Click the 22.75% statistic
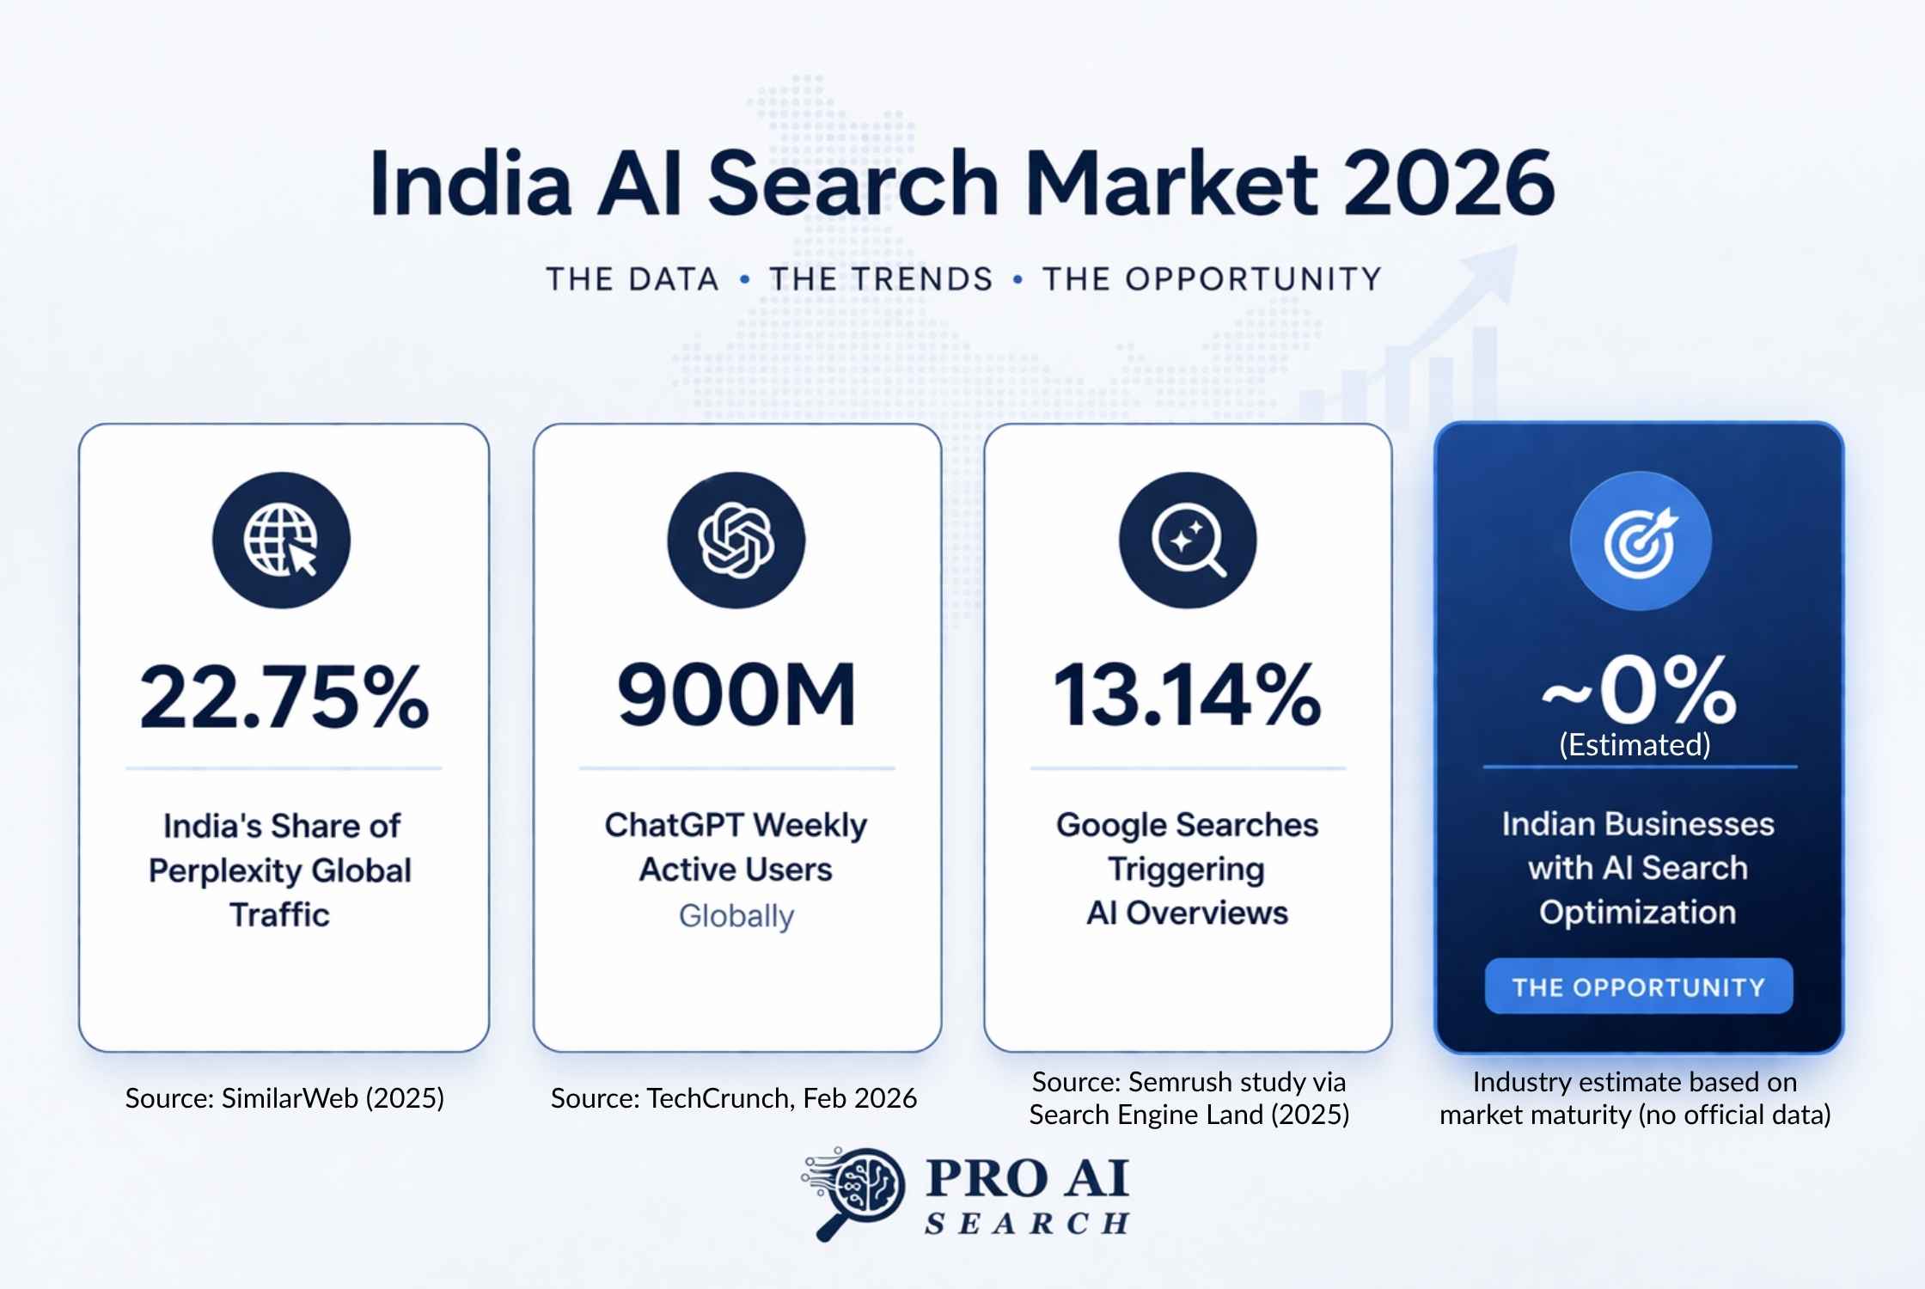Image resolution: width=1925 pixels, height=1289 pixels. pyautogui.click(x=284, y=696)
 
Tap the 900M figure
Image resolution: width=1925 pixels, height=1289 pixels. pyautogui.click(x=736, y=694)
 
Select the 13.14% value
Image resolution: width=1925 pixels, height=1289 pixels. pyautogui.click(x=1187, y=694)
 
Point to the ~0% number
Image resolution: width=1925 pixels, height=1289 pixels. pyautogui.click(x=1639, y=690)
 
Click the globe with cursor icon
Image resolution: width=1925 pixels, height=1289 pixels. pyautogui.click(x=281, y=541)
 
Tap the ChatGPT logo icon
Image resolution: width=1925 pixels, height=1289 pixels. pyautogui.click(x=736, y=541)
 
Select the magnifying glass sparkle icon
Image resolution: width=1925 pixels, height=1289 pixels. pyautogui.click(x=1188, y=541)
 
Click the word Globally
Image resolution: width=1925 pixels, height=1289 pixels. pyautogui.click(x=736, y=916)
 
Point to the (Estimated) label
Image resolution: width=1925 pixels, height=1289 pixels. pyautogui.click(x=1635, y=744)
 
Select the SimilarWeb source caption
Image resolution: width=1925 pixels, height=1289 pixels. pyautogui.click(x=284, y=1098)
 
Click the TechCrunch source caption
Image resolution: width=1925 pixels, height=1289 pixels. pyautogui.click(x=734, y=1098)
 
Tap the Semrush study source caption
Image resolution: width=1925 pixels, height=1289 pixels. pyautogui.click(x=1189, y=1098)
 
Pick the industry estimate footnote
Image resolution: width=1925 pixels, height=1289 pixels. pyautogui.click(x=1635, y=1098)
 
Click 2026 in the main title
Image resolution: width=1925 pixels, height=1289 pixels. pyautogui.click(x=1449, y=183)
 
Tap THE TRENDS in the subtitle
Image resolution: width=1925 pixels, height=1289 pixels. pyautogui.click(x=881, y=279)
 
